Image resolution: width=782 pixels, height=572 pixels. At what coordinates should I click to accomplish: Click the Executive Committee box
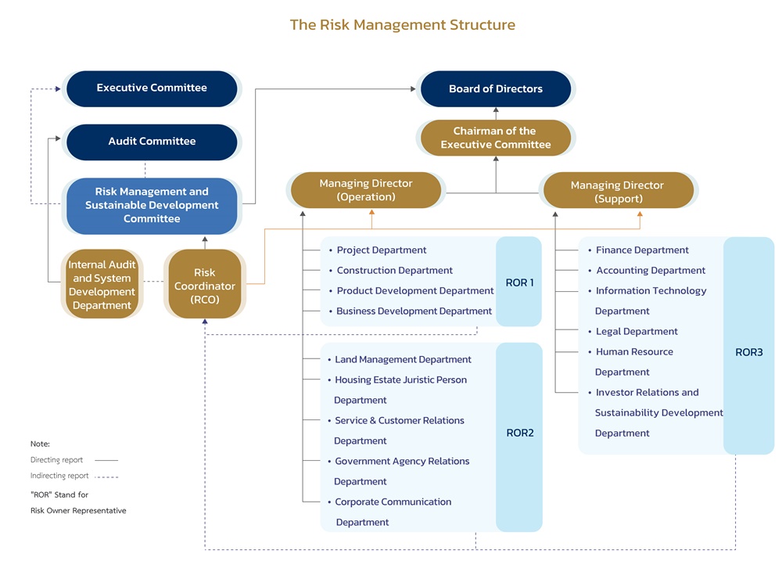pyautogui.click(x=152, y=88)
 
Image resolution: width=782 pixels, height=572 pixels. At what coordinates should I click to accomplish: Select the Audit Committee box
pyautogui.click(x=152, y=142)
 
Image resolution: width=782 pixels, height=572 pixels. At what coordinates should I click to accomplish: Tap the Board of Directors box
pyautogui.click(x=495, y=89)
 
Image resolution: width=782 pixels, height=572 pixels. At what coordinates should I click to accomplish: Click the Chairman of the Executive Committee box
pyautogui.click(x=495, y=138)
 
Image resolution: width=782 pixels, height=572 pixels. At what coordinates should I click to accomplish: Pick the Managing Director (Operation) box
pyautogui.click(x=365, y=190)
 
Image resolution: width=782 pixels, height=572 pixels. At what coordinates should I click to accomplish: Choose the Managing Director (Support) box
pyautogui.click(x=617, y=192)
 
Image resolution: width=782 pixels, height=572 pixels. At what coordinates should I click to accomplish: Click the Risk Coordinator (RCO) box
pyautogui.click(x=204, y=285)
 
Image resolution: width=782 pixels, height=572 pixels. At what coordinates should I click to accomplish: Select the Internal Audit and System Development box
pyautogui.click(x=102, y=285)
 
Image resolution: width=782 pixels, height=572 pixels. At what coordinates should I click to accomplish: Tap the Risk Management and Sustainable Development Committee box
pyautogui.click(x=152, y=205)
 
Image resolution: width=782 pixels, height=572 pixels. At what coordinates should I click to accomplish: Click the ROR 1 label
pyautogui.click(x=519, y=282)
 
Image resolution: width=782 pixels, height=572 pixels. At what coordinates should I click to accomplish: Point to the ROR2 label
pyautogui.click(x=519, y=433)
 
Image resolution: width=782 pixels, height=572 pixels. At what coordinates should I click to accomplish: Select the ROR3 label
pyautogui.click(x=748, y=352)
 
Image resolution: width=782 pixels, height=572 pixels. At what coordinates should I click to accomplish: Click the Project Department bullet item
pyautogui.click(x=381, y=250)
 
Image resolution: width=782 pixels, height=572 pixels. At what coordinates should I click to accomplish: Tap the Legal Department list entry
pyautogui.click(x=637, y=332)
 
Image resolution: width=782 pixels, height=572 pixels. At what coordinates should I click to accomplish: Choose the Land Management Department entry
pyautogui.click(x=403, y=360)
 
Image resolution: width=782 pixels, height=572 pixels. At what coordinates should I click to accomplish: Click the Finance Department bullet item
pyautogui.click(x=642, y=250)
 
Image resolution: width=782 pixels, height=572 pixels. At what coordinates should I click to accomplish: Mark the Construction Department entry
pyautogui.click(x=394, y=271)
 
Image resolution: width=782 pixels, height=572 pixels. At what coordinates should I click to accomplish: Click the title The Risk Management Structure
pyautogui.click(x=402, y=24)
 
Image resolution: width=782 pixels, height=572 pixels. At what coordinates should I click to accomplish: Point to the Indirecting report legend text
pyautogui.click(x=59, y=476)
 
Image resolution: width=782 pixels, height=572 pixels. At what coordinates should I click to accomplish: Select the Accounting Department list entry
pyautogui.click(x=651, y=271)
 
